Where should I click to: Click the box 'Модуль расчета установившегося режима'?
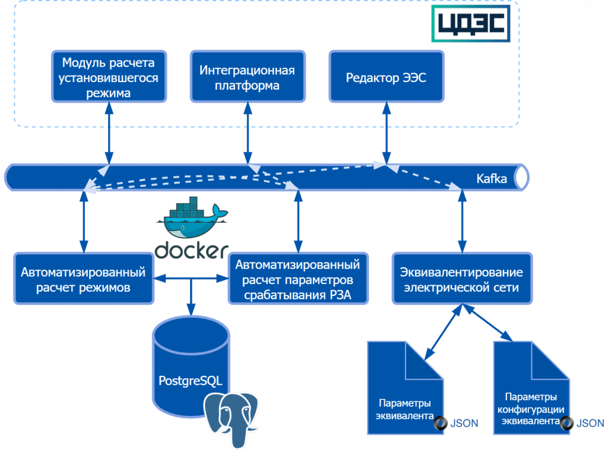(x=108, y=77)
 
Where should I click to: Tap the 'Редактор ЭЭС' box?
(x=386, y=77)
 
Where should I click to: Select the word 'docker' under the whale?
(x=191, y=249)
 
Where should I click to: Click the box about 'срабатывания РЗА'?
(x=298, y=280)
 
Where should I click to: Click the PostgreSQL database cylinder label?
(x=190, y=380)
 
